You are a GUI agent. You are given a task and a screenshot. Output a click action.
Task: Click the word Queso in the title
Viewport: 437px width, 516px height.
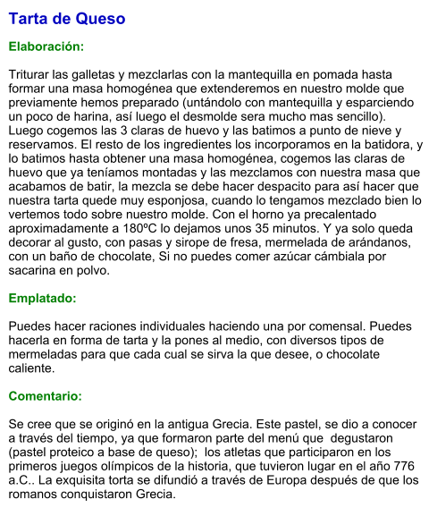click(101, 19)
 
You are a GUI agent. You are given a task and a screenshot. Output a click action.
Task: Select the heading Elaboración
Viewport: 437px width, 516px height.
click(46, 46)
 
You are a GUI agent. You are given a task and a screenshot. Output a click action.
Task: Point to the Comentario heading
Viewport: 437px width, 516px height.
click(46, 395)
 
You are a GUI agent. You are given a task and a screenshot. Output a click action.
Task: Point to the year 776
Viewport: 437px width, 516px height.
click(402, 466)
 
